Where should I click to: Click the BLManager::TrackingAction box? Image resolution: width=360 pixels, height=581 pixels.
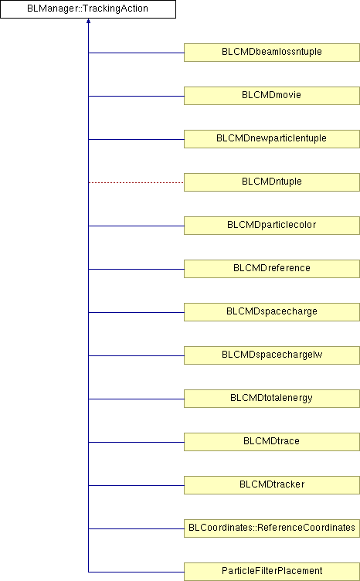click(x=88, y=9)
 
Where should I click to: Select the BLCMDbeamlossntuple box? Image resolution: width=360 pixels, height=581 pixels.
click(x=272, y=53)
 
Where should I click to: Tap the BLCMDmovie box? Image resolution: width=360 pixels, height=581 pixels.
click(x=272, y=96)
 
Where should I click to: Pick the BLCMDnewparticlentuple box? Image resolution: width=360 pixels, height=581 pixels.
click(x=272, y=139)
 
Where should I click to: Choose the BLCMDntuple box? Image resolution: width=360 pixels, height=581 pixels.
click(x=272, y=182)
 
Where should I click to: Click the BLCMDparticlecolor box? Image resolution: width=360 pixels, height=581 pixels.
click(x=272, y=226)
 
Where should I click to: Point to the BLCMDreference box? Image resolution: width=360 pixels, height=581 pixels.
click(x=272, y=269)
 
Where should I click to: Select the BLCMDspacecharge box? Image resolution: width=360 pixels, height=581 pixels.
click(x=272, y=312)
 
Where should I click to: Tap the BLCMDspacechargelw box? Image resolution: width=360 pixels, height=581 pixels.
click(x=272, y=355)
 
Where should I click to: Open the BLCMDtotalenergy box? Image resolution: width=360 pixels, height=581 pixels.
click(x=272, y=399)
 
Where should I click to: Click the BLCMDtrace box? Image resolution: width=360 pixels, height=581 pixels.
click(x=272, y=442)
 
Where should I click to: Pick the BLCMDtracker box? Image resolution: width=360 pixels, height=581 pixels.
click(x=272, y=485)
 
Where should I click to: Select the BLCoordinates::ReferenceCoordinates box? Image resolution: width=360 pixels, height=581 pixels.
click(x=272, y=528)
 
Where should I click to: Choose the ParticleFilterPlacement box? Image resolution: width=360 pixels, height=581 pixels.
click(x=272, y=572)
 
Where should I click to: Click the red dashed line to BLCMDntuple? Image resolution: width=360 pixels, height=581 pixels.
click(x=136, y=182)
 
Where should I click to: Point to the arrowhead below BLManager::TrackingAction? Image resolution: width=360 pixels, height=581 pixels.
click(x=89, y=21)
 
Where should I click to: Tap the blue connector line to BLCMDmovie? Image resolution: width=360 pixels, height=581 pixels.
click(x=136, y=97)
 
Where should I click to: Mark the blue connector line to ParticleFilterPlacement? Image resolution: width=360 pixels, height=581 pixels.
click(x=136, y=572)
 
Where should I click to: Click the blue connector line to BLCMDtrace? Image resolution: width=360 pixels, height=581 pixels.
click(x=136, y=443)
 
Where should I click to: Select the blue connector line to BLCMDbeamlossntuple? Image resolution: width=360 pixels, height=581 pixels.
click(x=136, y=53)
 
